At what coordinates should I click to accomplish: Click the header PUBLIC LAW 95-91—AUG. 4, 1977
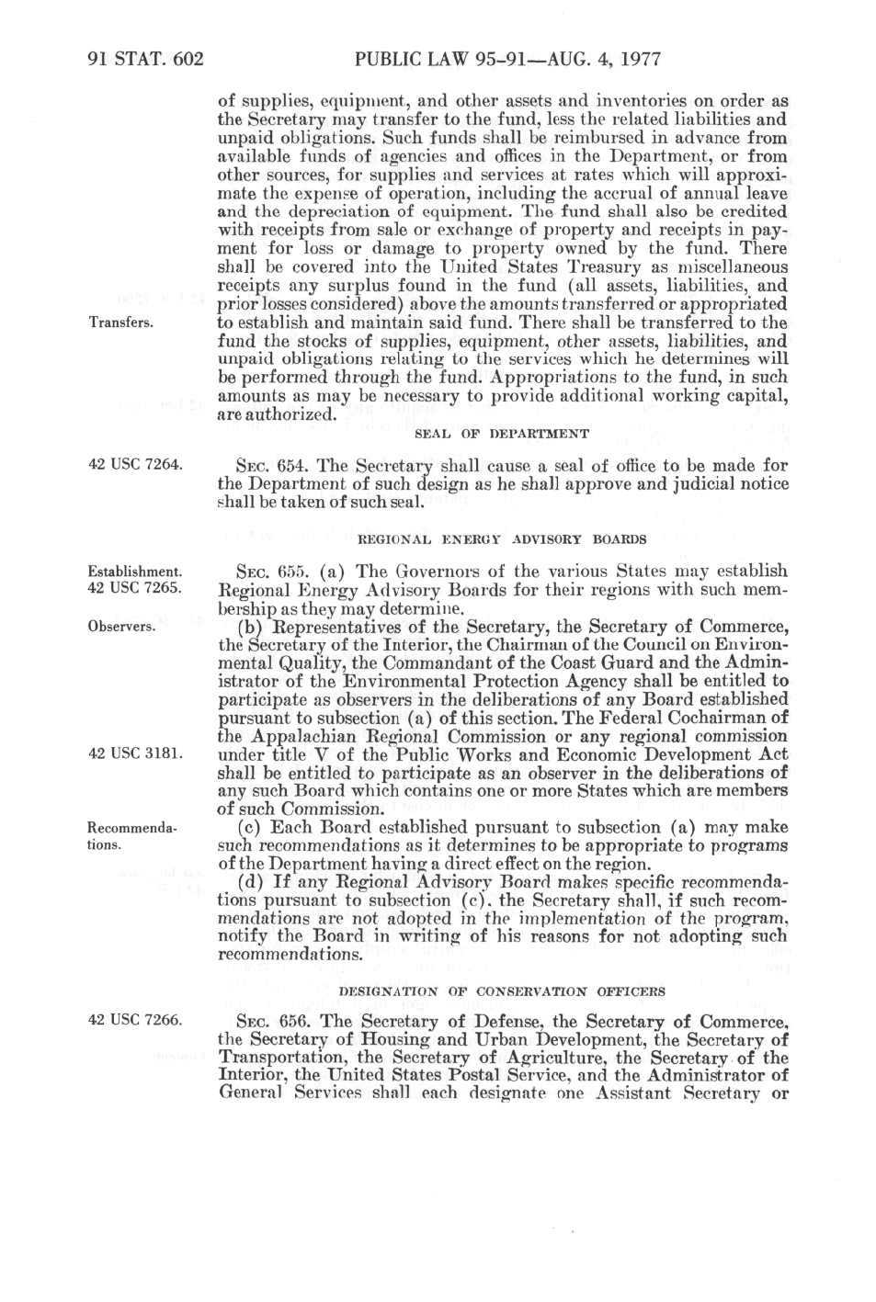(506, 60)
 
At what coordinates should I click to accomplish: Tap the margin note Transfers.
(120, 323)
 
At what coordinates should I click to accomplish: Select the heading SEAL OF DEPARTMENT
(501, 434)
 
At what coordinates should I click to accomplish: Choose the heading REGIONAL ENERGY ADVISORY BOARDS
(501, 539)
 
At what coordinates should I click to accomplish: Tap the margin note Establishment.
(134, 572)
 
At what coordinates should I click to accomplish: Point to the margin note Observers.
(121, 627)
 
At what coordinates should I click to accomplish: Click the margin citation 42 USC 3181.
(135, 753)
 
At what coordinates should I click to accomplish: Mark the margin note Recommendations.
(131, 836)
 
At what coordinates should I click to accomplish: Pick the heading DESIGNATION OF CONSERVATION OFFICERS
(501, 991)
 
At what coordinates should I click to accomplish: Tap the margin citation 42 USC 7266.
(135, 1019)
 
